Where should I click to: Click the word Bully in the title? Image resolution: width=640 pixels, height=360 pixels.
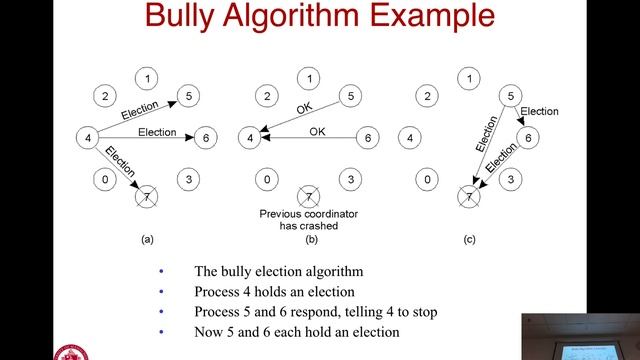pyautogui.click(x=180, y=17)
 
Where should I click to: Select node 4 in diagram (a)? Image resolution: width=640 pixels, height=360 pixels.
pyautogui.click(x=88, y=138)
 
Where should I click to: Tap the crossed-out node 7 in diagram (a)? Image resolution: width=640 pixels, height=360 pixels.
pyautogui.click(x=147, y=197)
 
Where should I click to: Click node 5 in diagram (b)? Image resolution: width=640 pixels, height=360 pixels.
pyautogui.click(x=351, y=96)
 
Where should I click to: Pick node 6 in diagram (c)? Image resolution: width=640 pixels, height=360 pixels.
pyautogui.click(x=528, y=138)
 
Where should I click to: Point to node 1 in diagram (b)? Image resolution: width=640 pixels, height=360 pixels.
pyautogui.click(x=309, y=78)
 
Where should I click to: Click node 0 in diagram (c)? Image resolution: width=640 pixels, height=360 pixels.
pyautogui.click(x=427, y=180)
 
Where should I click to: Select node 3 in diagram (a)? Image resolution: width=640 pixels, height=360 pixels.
pyautogui.click(x=189, y=180)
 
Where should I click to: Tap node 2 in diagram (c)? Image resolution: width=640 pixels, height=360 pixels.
pyautogui.click(x=427, y=96)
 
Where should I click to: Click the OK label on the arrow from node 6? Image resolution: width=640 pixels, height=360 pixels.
pyautogui.click(x=317, y=131)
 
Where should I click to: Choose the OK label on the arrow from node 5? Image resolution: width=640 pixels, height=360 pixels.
pyautogui.click(x=304, y=109)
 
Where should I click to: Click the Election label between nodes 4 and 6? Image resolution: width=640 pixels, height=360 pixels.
pyautogui.click(x=157, y=132)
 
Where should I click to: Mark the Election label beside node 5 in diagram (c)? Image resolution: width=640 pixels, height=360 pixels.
pyautogui.click(x=539, y=111)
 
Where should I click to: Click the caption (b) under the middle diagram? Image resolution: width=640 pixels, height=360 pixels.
pyautogui.click(x=311, y=239)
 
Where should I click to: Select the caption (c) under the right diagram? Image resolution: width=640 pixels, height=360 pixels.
pyautogui.click(x=469, y=239)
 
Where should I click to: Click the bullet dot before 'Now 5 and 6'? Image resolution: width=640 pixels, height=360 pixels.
pyautogui.click(x=161, y=332)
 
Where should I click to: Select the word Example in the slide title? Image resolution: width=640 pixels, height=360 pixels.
pyautogui.click(x=432, y=17)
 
